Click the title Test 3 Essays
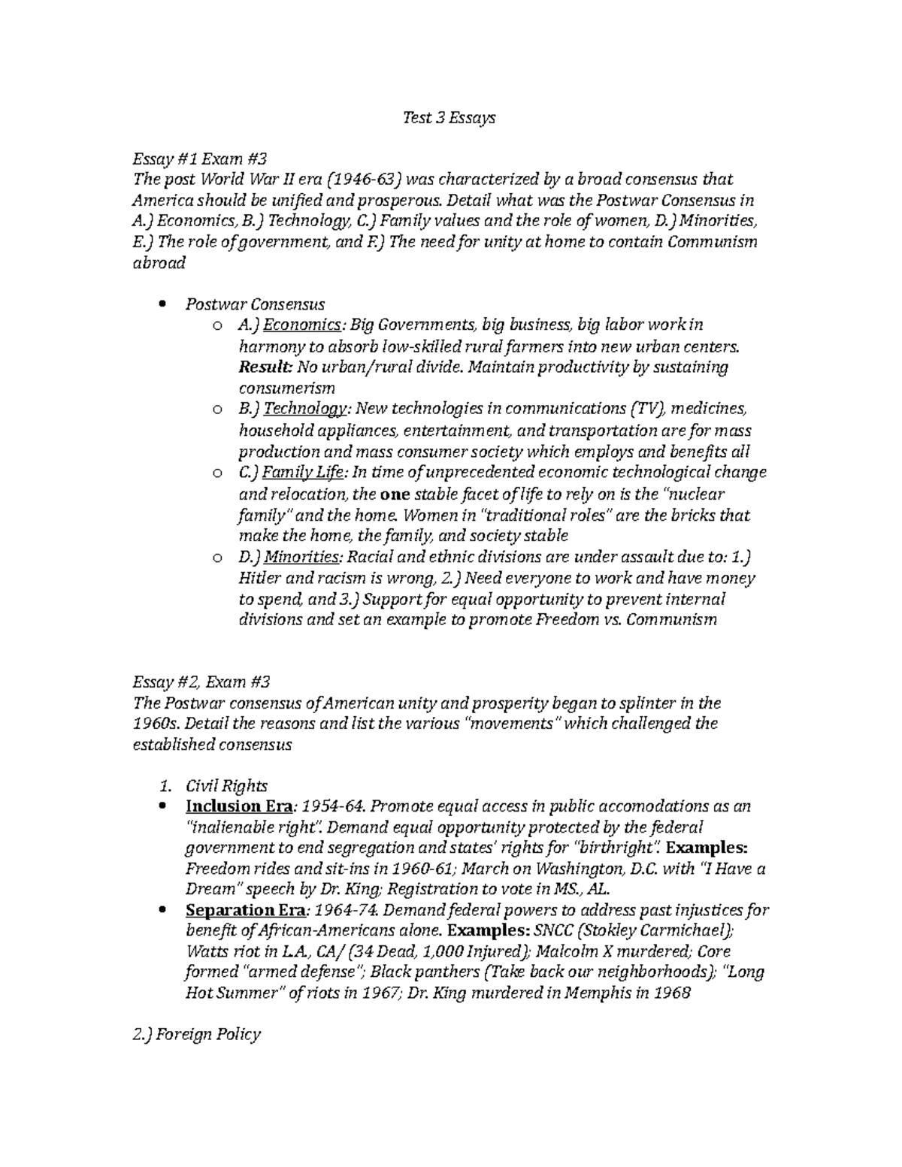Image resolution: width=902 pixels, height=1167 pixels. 449,117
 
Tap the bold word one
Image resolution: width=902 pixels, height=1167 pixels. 395,494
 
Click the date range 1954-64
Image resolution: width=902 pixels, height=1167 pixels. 331,806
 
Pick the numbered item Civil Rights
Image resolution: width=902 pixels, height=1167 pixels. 226,786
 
